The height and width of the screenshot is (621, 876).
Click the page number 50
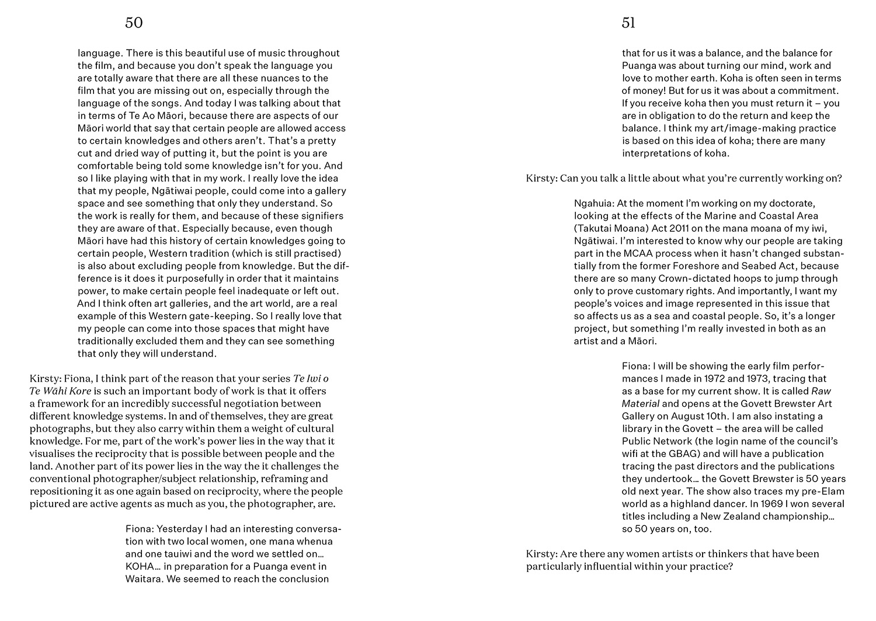(134, 23)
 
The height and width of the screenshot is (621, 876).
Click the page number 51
(628, 23)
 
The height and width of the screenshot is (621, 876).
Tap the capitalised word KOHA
(140, 566)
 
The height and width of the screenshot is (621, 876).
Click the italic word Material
(641, 404)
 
